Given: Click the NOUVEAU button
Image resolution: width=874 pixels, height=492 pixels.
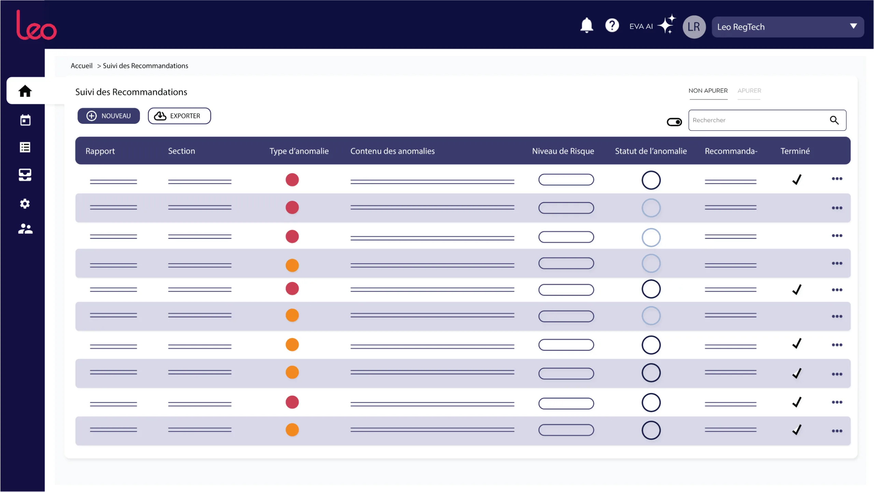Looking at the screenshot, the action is [109, 116].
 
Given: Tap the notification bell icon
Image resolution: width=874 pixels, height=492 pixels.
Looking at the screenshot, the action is [587, 25].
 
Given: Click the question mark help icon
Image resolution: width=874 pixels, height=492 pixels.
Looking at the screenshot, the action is [612, 25].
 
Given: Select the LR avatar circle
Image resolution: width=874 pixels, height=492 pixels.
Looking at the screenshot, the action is [694, 27].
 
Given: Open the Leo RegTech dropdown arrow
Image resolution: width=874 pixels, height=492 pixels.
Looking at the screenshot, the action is [853, 26].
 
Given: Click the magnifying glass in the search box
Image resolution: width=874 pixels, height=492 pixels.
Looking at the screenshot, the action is [834, 120].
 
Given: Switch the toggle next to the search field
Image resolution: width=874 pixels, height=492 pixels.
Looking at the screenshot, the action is [674, 122].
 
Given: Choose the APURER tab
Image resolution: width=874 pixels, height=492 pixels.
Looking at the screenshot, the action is [749, 91].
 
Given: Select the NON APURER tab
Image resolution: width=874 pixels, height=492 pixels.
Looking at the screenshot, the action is [708, 91].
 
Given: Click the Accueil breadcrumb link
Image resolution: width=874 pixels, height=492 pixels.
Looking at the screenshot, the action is [82, 66].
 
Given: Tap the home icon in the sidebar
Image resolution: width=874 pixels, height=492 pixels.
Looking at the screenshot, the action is [25, 91].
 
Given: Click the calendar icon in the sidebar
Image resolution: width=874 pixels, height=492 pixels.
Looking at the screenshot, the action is [25, 120].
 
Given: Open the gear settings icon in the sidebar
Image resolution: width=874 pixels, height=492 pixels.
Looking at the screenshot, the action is [25, 204].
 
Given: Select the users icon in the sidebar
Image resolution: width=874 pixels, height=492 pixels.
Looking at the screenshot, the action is [25, 229].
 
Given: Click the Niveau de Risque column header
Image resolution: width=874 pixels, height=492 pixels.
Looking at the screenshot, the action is [563, 151].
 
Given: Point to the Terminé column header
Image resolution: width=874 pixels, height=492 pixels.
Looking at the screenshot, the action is [795, 151].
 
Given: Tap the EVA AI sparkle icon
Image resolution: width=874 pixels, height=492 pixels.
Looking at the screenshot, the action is [666, 24].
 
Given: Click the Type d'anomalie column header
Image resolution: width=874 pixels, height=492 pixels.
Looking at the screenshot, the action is [299, 151].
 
